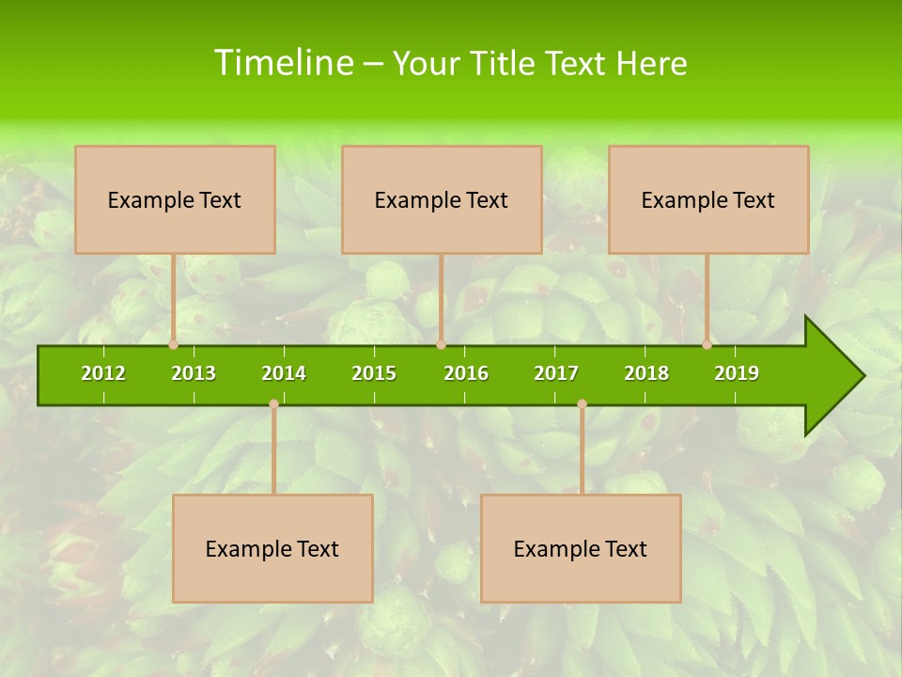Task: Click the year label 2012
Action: (103, 373)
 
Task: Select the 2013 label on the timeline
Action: (194, 373)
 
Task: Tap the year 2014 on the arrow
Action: (284, 373)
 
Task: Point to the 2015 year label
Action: (374, 373)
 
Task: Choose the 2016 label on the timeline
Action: (466, 373)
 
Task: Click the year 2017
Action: (556, 373)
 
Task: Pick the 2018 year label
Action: (646, 373)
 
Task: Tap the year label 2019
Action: (737, 373)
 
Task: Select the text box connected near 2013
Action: (175, 199)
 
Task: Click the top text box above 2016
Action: (442, 199)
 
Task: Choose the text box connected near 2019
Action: (708, 199)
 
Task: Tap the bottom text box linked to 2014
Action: (272, 548)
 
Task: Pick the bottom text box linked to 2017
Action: (581, 548)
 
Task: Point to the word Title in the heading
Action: (502, 63)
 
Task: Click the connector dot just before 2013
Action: (174, 345)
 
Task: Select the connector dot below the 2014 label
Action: (273, 404)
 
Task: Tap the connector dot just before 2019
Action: (707, 345)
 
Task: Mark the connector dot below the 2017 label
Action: (582, 404)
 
